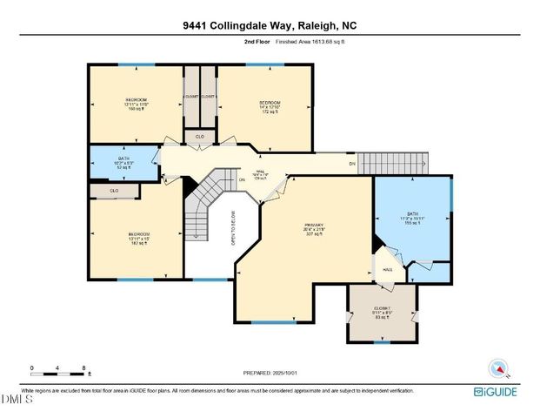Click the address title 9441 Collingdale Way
tap(270, 25)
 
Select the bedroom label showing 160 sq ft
tap(136, 104)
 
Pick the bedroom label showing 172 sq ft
tap(263, 107)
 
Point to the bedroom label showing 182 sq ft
tap(139, 239)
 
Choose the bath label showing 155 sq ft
tap(414, 220)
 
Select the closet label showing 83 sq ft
tap(382, 312)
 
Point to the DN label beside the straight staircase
tap(352, 164)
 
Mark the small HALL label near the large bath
tap(388, 269)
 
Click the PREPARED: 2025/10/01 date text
tap(270, 373)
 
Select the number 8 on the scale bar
tap(83, 368)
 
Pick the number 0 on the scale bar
tap(31, 368)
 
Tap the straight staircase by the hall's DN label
tap(394, 163)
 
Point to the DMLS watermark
tap(16, 401)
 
